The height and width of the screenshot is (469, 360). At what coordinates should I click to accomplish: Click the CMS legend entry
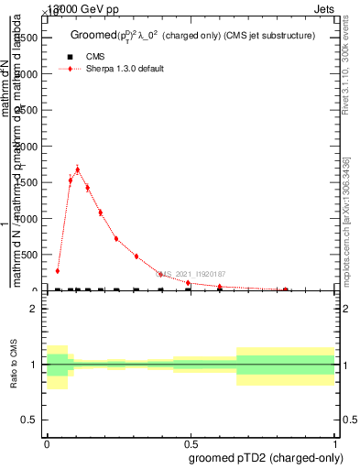(x=95, y=57)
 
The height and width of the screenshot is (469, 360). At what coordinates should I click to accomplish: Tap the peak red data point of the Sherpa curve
(x=78, y=169)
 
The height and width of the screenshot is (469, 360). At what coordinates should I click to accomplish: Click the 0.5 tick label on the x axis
(x=191, y=443)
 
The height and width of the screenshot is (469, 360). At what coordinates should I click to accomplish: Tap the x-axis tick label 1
(x=335, y=443)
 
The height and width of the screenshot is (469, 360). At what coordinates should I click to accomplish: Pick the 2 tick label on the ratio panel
(x=33, y=310)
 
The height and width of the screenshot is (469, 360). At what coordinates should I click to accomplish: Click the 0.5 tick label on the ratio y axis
(x=29, y=420)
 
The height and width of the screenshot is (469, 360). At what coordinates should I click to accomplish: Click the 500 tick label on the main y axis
(x=28, y=255)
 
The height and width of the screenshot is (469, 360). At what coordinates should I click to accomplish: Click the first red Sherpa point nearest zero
(x=58, y=271)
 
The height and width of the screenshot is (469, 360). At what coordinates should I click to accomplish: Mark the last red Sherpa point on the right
(x=288, y=289)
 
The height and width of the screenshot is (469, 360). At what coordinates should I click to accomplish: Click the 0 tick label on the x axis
(x=48, y=443)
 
